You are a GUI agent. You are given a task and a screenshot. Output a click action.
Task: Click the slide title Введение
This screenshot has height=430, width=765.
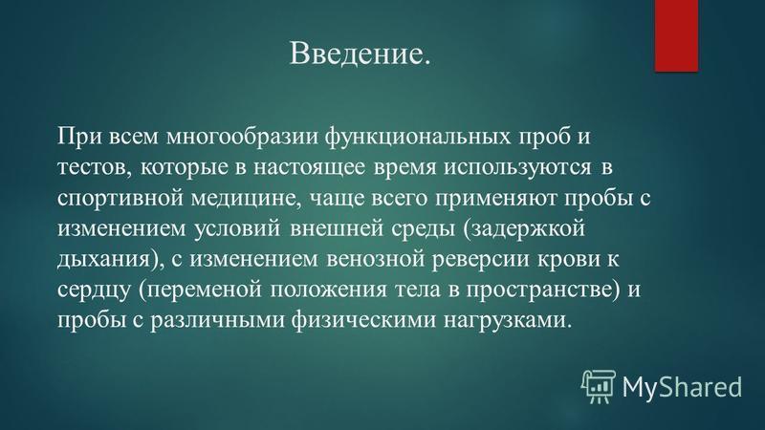pyautogui.click(x=361, y=53)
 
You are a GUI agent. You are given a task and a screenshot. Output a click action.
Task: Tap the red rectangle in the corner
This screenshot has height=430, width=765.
pyautogui.click(x=676, y=35)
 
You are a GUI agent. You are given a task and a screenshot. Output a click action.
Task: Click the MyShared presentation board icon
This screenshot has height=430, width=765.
pyautogui.click(x=598, y=386)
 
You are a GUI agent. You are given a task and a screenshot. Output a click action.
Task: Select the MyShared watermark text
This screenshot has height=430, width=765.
pyautogui.click(x=682, y=388)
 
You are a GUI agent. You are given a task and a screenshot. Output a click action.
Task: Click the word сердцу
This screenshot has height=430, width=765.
pyautogui.click(x=94, y=290)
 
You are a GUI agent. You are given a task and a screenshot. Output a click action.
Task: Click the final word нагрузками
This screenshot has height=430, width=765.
pyautogui.click(x=504, y=320)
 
